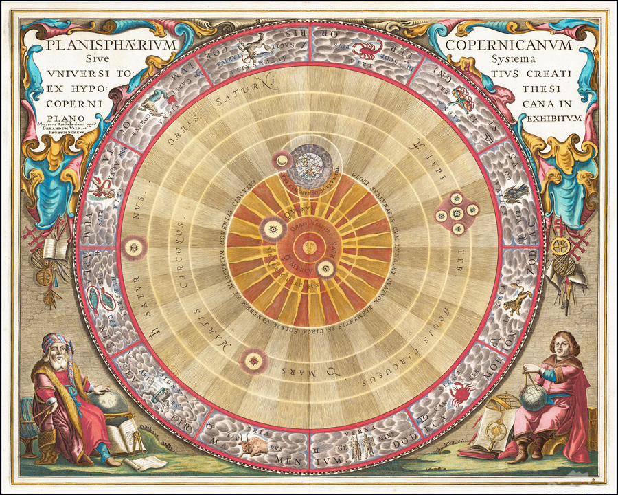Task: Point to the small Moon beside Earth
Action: [282, 161]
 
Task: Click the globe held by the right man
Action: [534, 397]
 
